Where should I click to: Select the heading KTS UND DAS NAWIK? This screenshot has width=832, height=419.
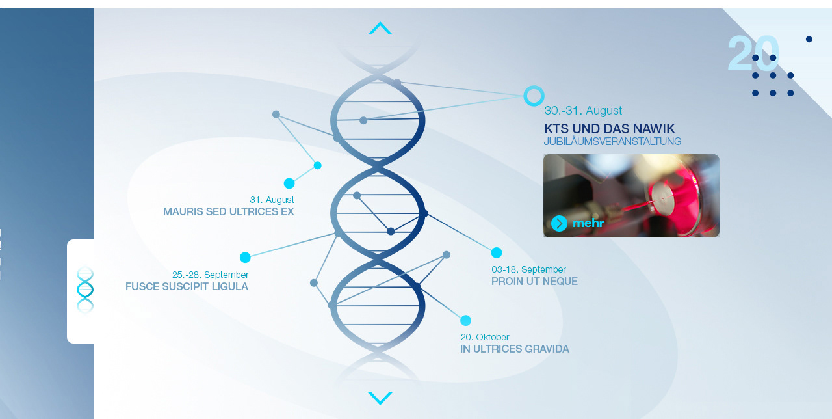point(609,129)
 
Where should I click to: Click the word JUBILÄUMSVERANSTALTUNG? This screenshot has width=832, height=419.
point(612,141)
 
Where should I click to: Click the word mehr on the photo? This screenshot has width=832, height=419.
point(588,223)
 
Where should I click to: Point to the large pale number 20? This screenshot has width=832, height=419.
point(753,53)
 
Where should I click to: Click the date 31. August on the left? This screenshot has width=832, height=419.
point(272,200)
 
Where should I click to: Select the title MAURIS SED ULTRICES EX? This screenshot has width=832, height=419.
point(228,211)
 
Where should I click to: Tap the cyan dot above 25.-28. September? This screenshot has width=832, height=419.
point(245,257)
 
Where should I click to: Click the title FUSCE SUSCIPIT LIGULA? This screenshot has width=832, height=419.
point(187,286)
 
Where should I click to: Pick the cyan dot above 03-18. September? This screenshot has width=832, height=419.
point(497,253)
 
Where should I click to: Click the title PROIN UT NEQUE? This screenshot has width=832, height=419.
point(534,281)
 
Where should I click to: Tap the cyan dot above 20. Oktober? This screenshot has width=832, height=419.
point(466,321)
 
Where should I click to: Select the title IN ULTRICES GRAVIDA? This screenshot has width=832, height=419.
point(514,349)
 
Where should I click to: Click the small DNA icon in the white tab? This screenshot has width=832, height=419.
point(84,290)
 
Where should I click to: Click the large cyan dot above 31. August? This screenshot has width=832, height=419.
point(289,183)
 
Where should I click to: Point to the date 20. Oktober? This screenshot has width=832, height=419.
point(485,337)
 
